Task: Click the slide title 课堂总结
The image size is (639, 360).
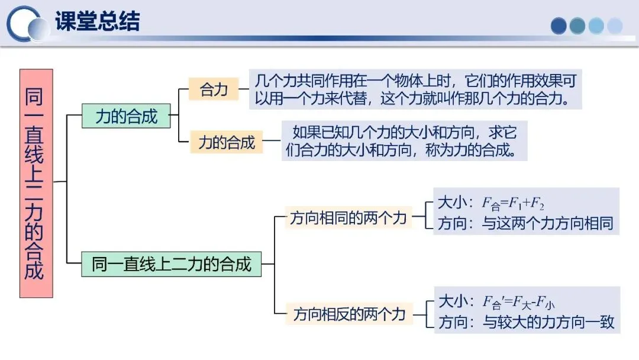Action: click(x=97, y=22)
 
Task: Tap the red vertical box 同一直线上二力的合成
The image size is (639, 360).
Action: click(x=36, y=183)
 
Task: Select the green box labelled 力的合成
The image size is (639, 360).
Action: click(x=126, y=116)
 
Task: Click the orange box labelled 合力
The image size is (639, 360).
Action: click(x=214, y=89)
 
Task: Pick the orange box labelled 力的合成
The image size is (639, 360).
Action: click(x=227, y=142)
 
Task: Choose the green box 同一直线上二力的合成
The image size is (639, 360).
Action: click(x=172, y=263)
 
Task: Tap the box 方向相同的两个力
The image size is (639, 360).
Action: click(x=348, y=217)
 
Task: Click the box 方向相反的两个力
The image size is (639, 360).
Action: click(x=349, y=313)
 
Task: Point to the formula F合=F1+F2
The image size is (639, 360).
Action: click(x=513, y=204)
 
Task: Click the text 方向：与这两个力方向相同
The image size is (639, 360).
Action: click(x=525, y=223)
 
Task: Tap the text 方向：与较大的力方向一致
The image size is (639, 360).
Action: click(x=526, y=322)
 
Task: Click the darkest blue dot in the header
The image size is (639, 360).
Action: click(x=559, y=25)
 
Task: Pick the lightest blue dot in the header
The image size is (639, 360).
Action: click(x=615, y=25)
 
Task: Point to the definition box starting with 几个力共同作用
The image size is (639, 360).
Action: click(x=414, y=89)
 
